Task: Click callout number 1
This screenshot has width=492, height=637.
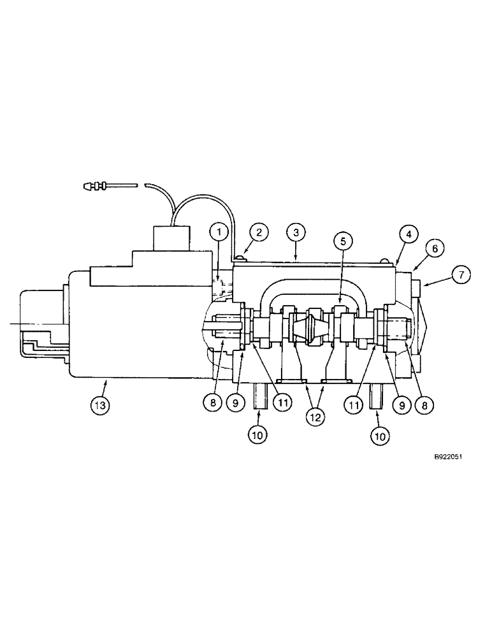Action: (x=218, y=233)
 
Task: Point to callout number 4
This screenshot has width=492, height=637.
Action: (x=408, y=233)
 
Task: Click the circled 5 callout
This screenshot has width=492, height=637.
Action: (x=343, y=241)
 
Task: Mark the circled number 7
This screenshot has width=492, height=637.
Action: (x=461, y=275)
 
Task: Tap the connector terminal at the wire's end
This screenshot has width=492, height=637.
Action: (x=96, y=187)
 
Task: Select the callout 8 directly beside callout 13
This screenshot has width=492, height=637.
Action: (x=214, y=403)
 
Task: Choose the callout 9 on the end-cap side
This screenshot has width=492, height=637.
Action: (x=402, y=403)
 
